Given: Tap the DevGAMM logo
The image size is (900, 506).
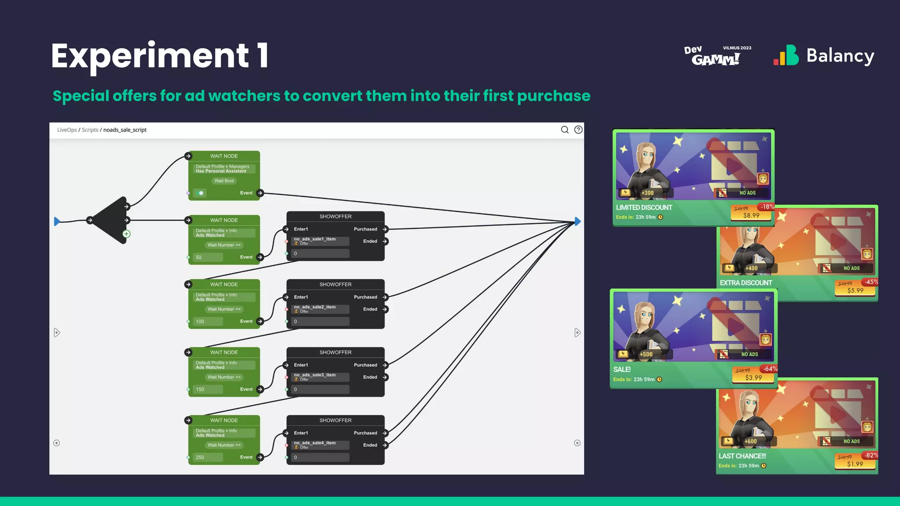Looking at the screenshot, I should point(716,56).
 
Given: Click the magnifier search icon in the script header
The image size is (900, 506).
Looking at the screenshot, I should point(565,130).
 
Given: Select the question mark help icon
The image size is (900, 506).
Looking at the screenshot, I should point(578,130).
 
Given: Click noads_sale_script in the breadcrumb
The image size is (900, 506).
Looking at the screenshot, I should point(125,130).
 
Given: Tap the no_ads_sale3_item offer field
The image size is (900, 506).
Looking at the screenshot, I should point(320,377).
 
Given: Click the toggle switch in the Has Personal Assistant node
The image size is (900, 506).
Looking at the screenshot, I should point(200,193).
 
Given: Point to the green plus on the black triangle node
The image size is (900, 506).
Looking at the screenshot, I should point(127,234).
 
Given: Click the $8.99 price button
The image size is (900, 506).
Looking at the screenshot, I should point(751,215).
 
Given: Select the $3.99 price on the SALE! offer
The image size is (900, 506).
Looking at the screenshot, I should point(753,378).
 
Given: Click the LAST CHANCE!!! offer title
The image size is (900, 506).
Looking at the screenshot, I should point(742,456).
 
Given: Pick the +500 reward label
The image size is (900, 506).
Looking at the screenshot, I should point(646,354).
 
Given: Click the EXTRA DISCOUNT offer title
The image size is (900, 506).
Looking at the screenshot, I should point(746,283).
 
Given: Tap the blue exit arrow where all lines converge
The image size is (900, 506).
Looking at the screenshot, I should point(577,221).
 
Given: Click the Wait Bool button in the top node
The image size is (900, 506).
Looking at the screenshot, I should point(224,181).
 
